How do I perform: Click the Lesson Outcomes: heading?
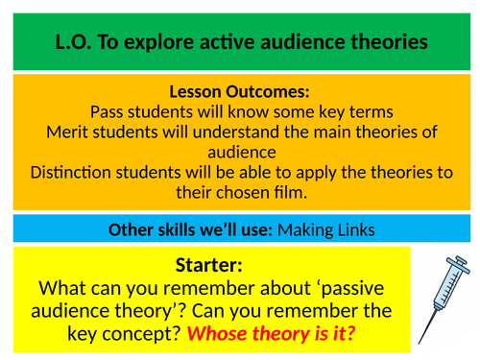240,92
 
